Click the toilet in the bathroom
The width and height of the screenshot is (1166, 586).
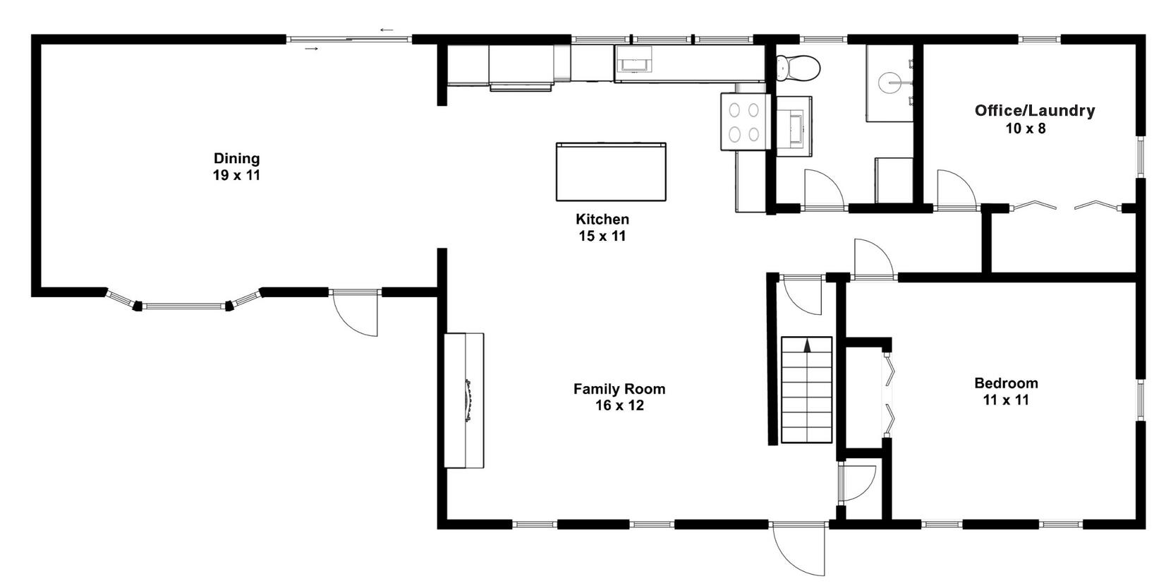(798, 68)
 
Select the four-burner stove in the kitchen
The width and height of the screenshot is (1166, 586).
(744, 122)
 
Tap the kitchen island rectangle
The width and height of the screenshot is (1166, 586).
(611, 172)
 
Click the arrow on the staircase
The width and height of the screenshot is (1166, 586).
(808, 345)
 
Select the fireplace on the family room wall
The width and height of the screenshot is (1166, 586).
(464, 400)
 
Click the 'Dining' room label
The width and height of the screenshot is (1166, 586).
(237, 158)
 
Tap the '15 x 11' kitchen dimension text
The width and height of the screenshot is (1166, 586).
(602, 236)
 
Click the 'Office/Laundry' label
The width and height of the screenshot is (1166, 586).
(1034, 110)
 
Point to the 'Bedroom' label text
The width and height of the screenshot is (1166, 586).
(1006, 383)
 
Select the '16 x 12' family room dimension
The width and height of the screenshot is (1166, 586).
(619, 405)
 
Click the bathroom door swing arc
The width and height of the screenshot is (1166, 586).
(822, 189)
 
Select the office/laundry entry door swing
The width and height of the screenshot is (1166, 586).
(955, 189)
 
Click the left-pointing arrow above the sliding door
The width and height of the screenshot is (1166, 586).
(387, 30)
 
